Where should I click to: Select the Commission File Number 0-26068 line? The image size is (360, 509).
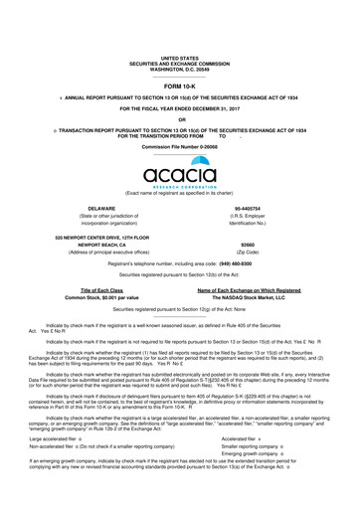179,145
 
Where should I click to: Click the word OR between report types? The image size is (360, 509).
179,119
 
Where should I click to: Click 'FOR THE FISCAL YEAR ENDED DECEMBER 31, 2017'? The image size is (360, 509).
179,107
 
